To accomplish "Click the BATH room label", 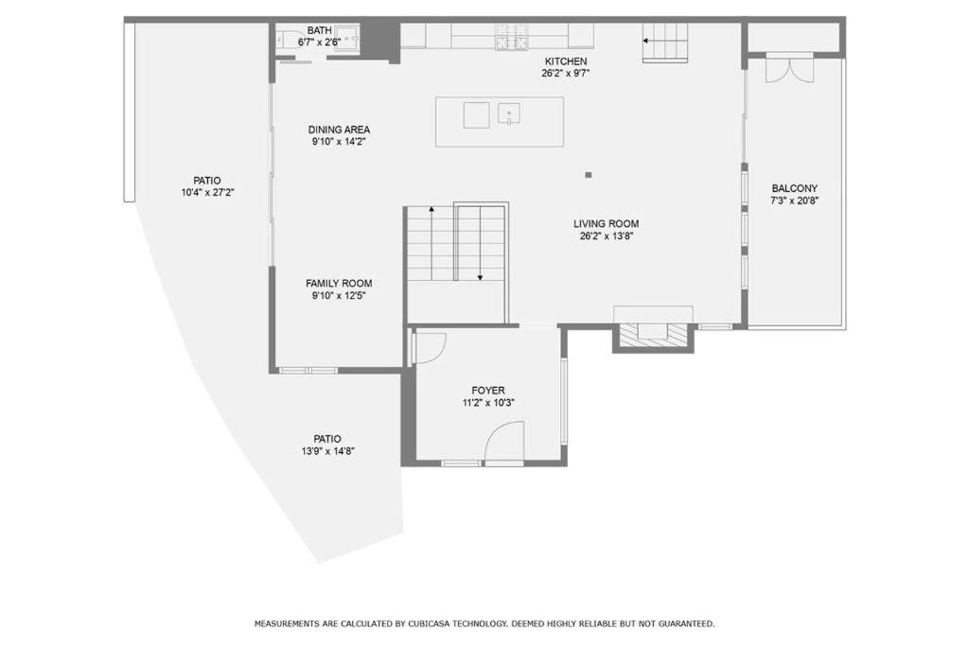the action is click(320, 30).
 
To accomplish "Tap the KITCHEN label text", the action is click(566, 61).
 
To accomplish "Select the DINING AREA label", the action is click(340, 130).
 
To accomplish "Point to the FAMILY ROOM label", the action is click(340, 284).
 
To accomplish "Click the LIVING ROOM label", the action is click(607, 223).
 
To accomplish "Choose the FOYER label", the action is click(488, 391).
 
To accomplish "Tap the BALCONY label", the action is click(795, 188).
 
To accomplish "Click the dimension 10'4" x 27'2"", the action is click(207, 193).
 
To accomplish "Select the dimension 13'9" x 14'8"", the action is click(327, 451).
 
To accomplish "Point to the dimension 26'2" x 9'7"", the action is click(566, 73).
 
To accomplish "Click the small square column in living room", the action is click(589, 175).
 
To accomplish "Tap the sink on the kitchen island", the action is click(509, 114).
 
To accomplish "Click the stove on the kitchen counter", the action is click(512, 37).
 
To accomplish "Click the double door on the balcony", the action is click(789, 68).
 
